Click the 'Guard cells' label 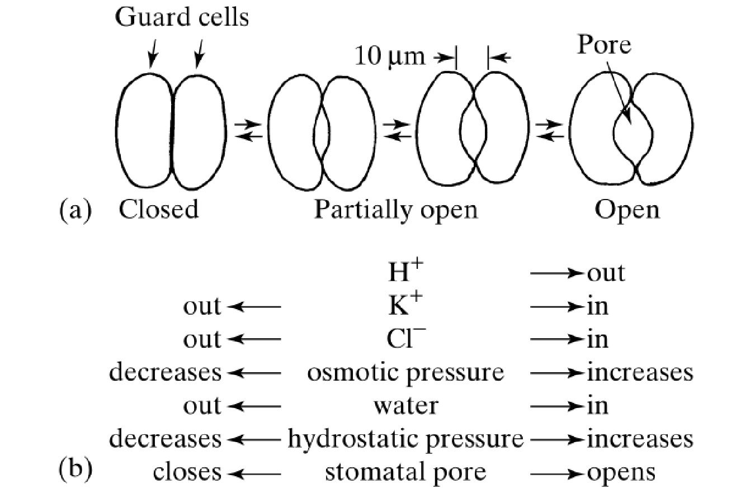[x=182, y=17]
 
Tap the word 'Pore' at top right [x=604, y=44]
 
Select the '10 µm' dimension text [x=390, y=56]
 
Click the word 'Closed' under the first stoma [x=159, y=209]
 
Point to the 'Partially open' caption [x=396, y=211]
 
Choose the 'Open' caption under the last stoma [x=627, y=211]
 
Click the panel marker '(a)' [x=75, y=211]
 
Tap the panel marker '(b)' [x=75, y=469]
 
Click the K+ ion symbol [x=405, y=304]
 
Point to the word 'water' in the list [x=406, y=406]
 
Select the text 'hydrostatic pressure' [x=406, y=440]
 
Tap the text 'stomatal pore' [x=405, y=473]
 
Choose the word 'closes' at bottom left [x=187, y=472]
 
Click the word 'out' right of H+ [x=606, y=273]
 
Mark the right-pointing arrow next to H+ [x=556, y=273]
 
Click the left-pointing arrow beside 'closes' [x=254, y=474]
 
